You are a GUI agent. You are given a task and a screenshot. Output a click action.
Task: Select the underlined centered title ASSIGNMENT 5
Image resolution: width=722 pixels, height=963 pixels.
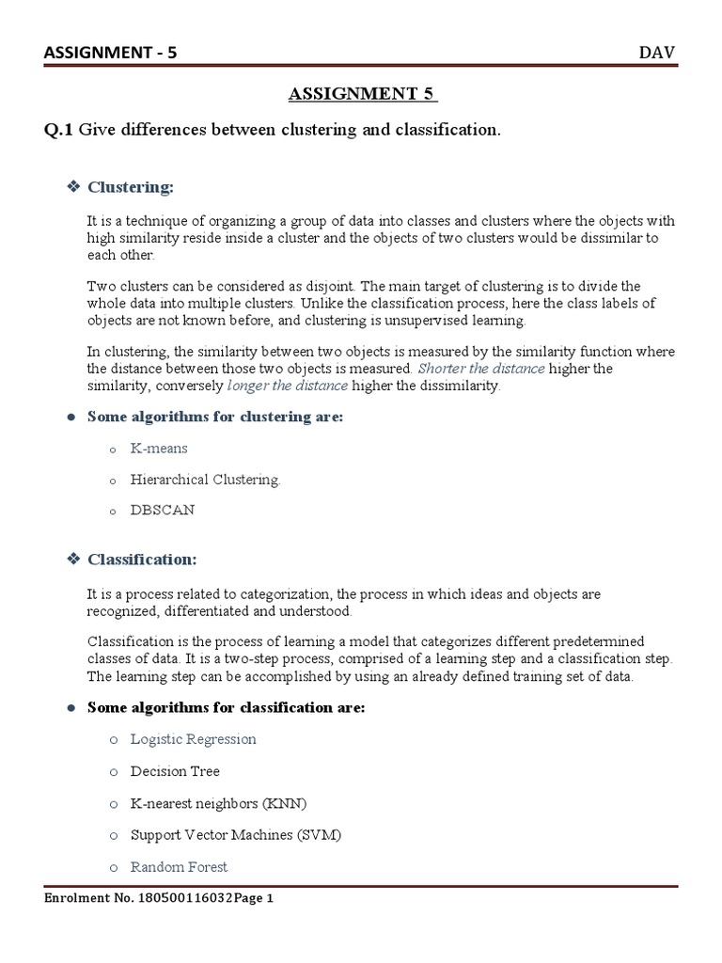click(x=361, y=94)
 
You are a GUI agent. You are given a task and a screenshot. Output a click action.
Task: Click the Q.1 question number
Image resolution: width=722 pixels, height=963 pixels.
click(x=58, y=131)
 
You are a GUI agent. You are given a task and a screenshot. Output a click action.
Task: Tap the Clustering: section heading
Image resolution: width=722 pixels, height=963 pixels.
click(x=131, y=187)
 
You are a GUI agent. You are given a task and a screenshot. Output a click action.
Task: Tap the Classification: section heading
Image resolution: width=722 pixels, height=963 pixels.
click(x=142, y=560)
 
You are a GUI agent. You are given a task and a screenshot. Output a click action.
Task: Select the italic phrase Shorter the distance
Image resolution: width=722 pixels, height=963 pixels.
click(x=480, y=368)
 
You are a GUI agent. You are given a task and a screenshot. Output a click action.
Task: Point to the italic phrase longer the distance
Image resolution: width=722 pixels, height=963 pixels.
click(x=288, y=386)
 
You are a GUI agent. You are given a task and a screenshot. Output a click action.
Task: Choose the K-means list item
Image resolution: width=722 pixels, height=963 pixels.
click(x=159, y=449)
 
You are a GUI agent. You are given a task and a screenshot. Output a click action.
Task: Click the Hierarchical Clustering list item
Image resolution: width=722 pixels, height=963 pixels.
click(x=205, y=480)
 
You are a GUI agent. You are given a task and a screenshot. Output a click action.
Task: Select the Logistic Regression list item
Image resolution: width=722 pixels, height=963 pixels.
click(x=193, y=739)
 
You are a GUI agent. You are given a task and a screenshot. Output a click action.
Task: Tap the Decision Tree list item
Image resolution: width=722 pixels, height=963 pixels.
click(x=175, y=771)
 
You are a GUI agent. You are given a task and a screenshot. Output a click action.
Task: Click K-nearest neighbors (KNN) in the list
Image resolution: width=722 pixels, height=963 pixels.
click(x=218, y=803)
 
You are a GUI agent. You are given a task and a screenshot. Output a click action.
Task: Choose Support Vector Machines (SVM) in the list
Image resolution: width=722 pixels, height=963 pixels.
click(x=236, y=835)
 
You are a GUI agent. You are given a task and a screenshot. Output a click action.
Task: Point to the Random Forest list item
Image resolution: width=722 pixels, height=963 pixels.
click(x=179, y=867)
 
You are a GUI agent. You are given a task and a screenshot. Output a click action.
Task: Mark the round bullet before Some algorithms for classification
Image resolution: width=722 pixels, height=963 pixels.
click(x=71, y=708)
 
